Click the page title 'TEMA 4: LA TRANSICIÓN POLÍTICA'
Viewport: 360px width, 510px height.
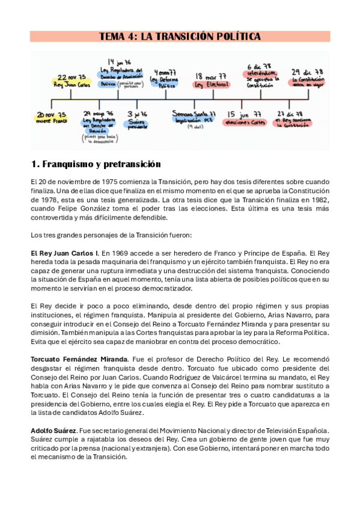[180, 37]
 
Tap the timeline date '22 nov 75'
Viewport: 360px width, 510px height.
[73, 77]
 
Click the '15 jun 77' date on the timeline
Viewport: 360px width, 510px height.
[246, 113]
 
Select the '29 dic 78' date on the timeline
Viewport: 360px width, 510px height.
[307, 72]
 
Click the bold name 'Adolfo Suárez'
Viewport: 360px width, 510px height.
[52, 431]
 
